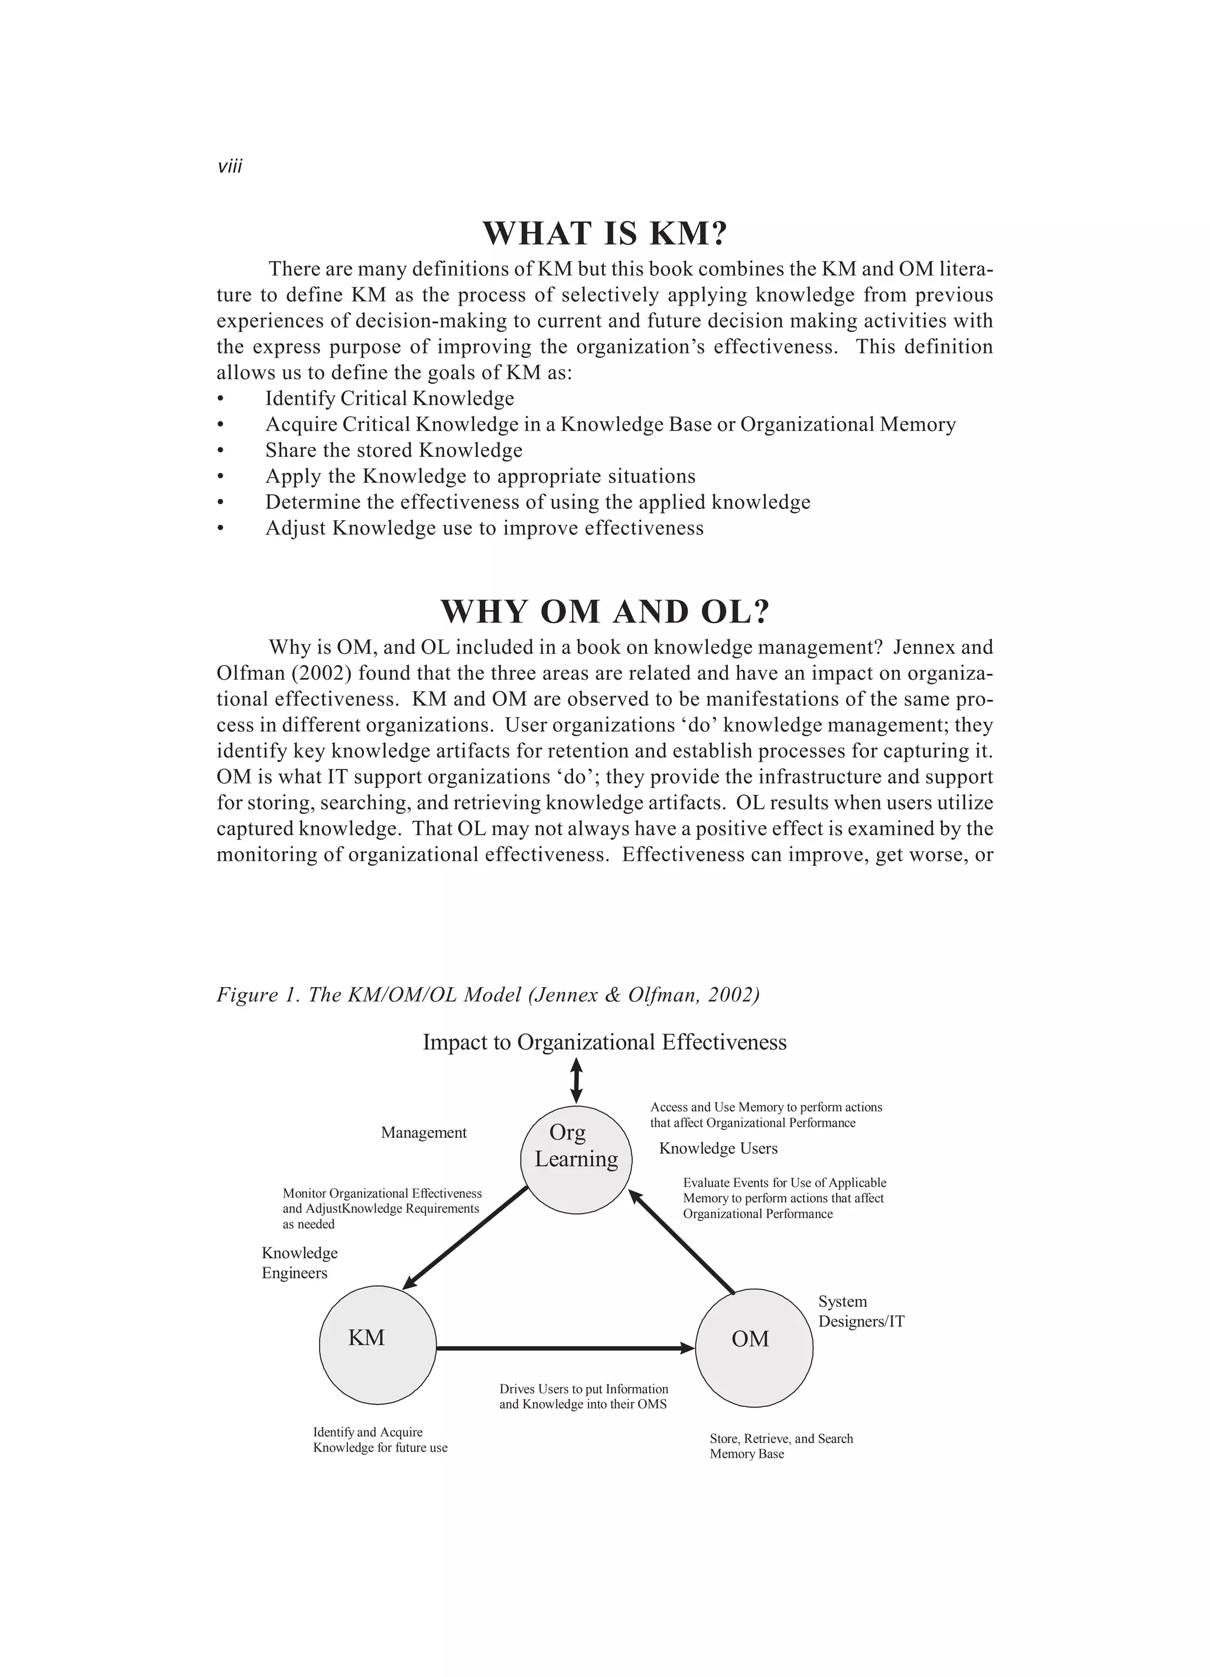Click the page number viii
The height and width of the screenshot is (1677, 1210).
(230, 166)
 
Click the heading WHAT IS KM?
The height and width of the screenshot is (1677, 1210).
(604, 233)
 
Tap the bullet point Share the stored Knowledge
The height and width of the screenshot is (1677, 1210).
(393, 450)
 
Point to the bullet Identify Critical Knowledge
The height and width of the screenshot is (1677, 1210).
(389, 398)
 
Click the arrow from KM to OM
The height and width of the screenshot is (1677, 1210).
(565, 1348)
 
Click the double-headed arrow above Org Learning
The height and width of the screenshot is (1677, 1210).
(577, 1081)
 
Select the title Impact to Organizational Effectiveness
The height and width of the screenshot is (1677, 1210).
(604, 1043)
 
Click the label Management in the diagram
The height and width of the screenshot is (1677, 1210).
(424, 1133)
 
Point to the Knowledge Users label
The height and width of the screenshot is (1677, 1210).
(718, 1149)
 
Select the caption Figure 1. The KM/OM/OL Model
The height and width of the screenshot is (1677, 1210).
(488, 994)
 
